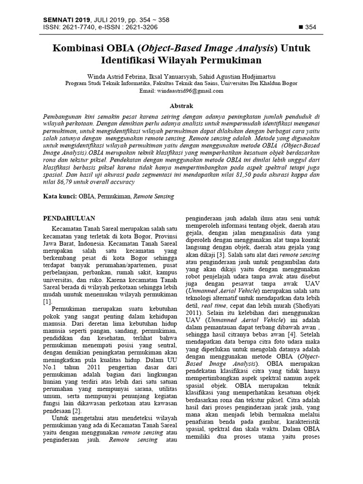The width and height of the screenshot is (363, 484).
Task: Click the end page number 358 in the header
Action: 161,20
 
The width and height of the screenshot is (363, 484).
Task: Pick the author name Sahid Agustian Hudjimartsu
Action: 232,76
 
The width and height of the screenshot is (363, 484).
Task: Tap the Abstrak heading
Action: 181,106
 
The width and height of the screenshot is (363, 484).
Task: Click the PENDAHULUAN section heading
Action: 69,218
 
